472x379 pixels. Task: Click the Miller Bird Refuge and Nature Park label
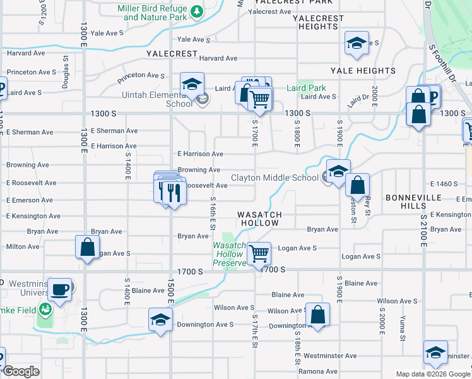(x=155, y=13)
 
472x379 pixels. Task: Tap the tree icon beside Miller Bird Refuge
(x=196, y=11)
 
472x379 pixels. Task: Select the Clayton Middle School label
(x=274, y=177)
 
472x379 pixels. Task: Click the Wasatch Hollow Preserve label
(x=228, y=254)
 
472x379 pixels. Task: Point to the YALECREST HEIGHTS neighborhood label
(x=318, y=23)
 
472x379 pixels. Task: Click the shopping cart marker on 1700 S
(x=259, y=255)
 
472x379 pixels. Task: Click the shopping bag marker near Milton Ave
(x=87, y=248)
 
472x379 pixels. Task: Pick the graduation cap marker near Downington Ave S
(x=160, y=320)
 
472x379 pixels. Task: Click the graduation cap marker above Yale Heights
(x=357, y=44)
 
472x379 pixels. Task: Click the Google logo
(x=21, y=372)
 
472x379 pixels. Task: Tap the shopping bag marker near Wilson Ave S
(x=317, y=315)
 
